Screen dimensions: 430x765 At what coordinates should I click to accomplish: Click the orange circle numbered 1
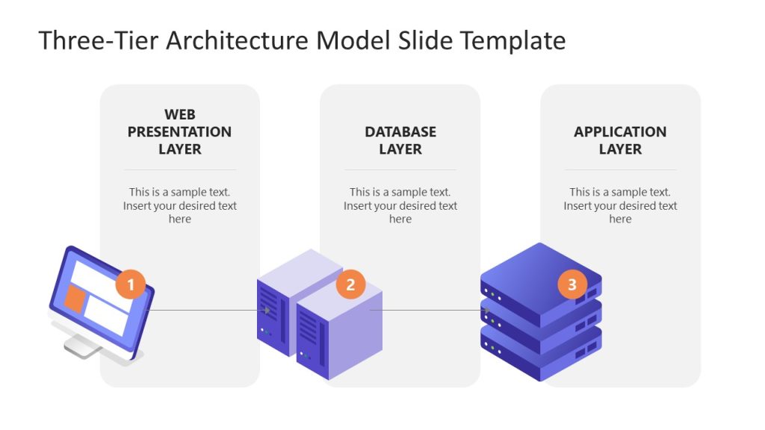pos(131,284)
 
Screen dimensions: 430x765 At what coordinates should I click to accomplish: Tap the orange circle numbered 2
pos(350,284)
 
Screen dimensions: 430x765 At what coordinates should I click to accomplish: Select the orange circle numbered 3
pos(572,284)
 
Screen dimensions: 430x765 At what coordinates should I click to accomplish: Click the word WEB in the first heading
pos(179,114)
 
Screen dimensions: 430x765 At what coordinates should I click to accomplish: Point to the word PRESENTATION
pos(179,131)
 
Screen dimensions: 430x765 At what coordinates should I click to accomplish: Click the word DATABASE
pos(400,131)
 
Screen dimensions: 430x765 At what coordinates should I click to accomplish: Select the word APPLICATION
pos(620,131)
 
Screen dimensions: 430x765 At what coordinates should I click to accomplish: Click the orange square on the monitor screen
pos(75,298)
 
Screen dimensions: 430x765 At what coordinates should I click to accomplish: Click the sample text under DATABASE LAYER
pos(400,205)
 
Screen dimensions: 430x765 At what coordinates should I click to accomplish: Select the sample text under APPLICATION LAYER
pos(620,205)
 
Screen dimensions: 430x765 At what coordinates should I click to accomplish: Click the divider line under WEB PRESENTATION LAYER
pos(179,169)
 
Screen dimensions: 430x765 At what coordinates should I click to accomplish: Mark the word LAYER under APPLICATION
pos(620,149)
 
